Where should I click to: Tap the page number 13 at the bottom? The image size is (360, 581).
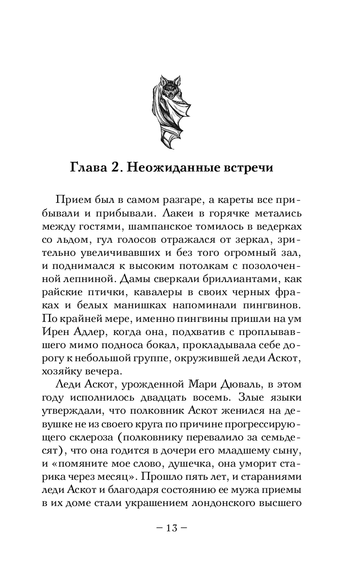(172, 529)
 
